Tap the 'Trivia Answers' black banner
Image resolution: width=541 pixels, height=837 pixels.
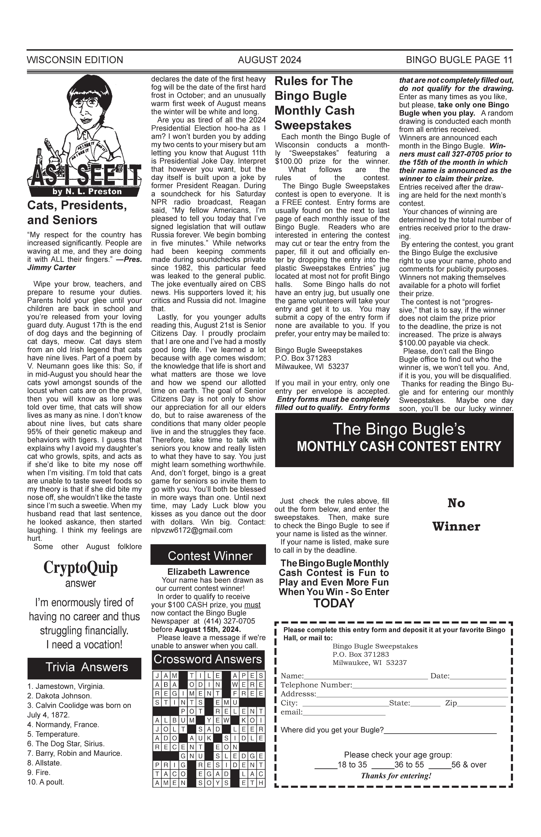(84, 667)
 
